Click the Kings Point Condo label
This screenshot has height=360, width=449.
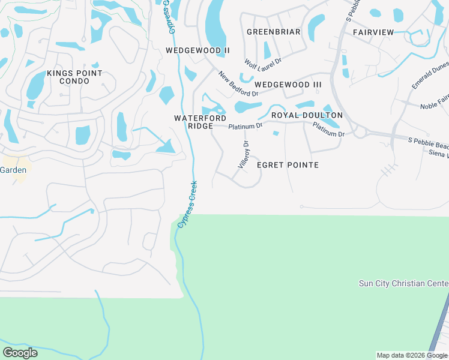(x=75, y=77)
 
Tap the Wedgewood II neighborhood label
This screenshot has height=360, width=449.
(x=197, y=51)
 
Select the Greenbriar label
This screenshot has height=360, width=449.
(x=273, y=32)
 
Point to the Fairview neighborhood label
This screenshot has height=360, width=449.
(x=373, y=32)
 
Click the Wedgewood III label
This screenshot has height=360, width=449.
(x=284, y=85)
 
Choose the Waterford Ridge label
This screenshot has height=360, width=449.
(x=200, y=122)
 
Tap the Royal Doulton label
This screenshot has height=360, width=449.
(x=307, y=115)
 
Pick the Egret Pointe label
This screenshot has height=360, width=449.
(x=288, y=165)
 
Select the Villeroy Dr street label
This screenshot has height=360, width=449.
(x=244, y=155)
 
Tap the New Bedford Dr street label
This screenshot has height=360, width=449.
(x=238, y=84)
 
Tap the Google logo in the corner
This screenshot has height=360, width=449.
(x=20, y=353)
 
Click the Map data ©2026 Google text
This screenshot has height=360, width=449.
(x=412, y=355)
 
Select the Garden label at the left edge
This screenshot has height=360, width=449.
(x=13, y=170)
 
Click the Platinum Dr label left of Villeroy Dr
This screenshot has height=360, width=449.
(x=246, y=126)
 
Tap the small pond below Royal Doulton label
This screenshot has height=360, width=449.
(x=276, y=133)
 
